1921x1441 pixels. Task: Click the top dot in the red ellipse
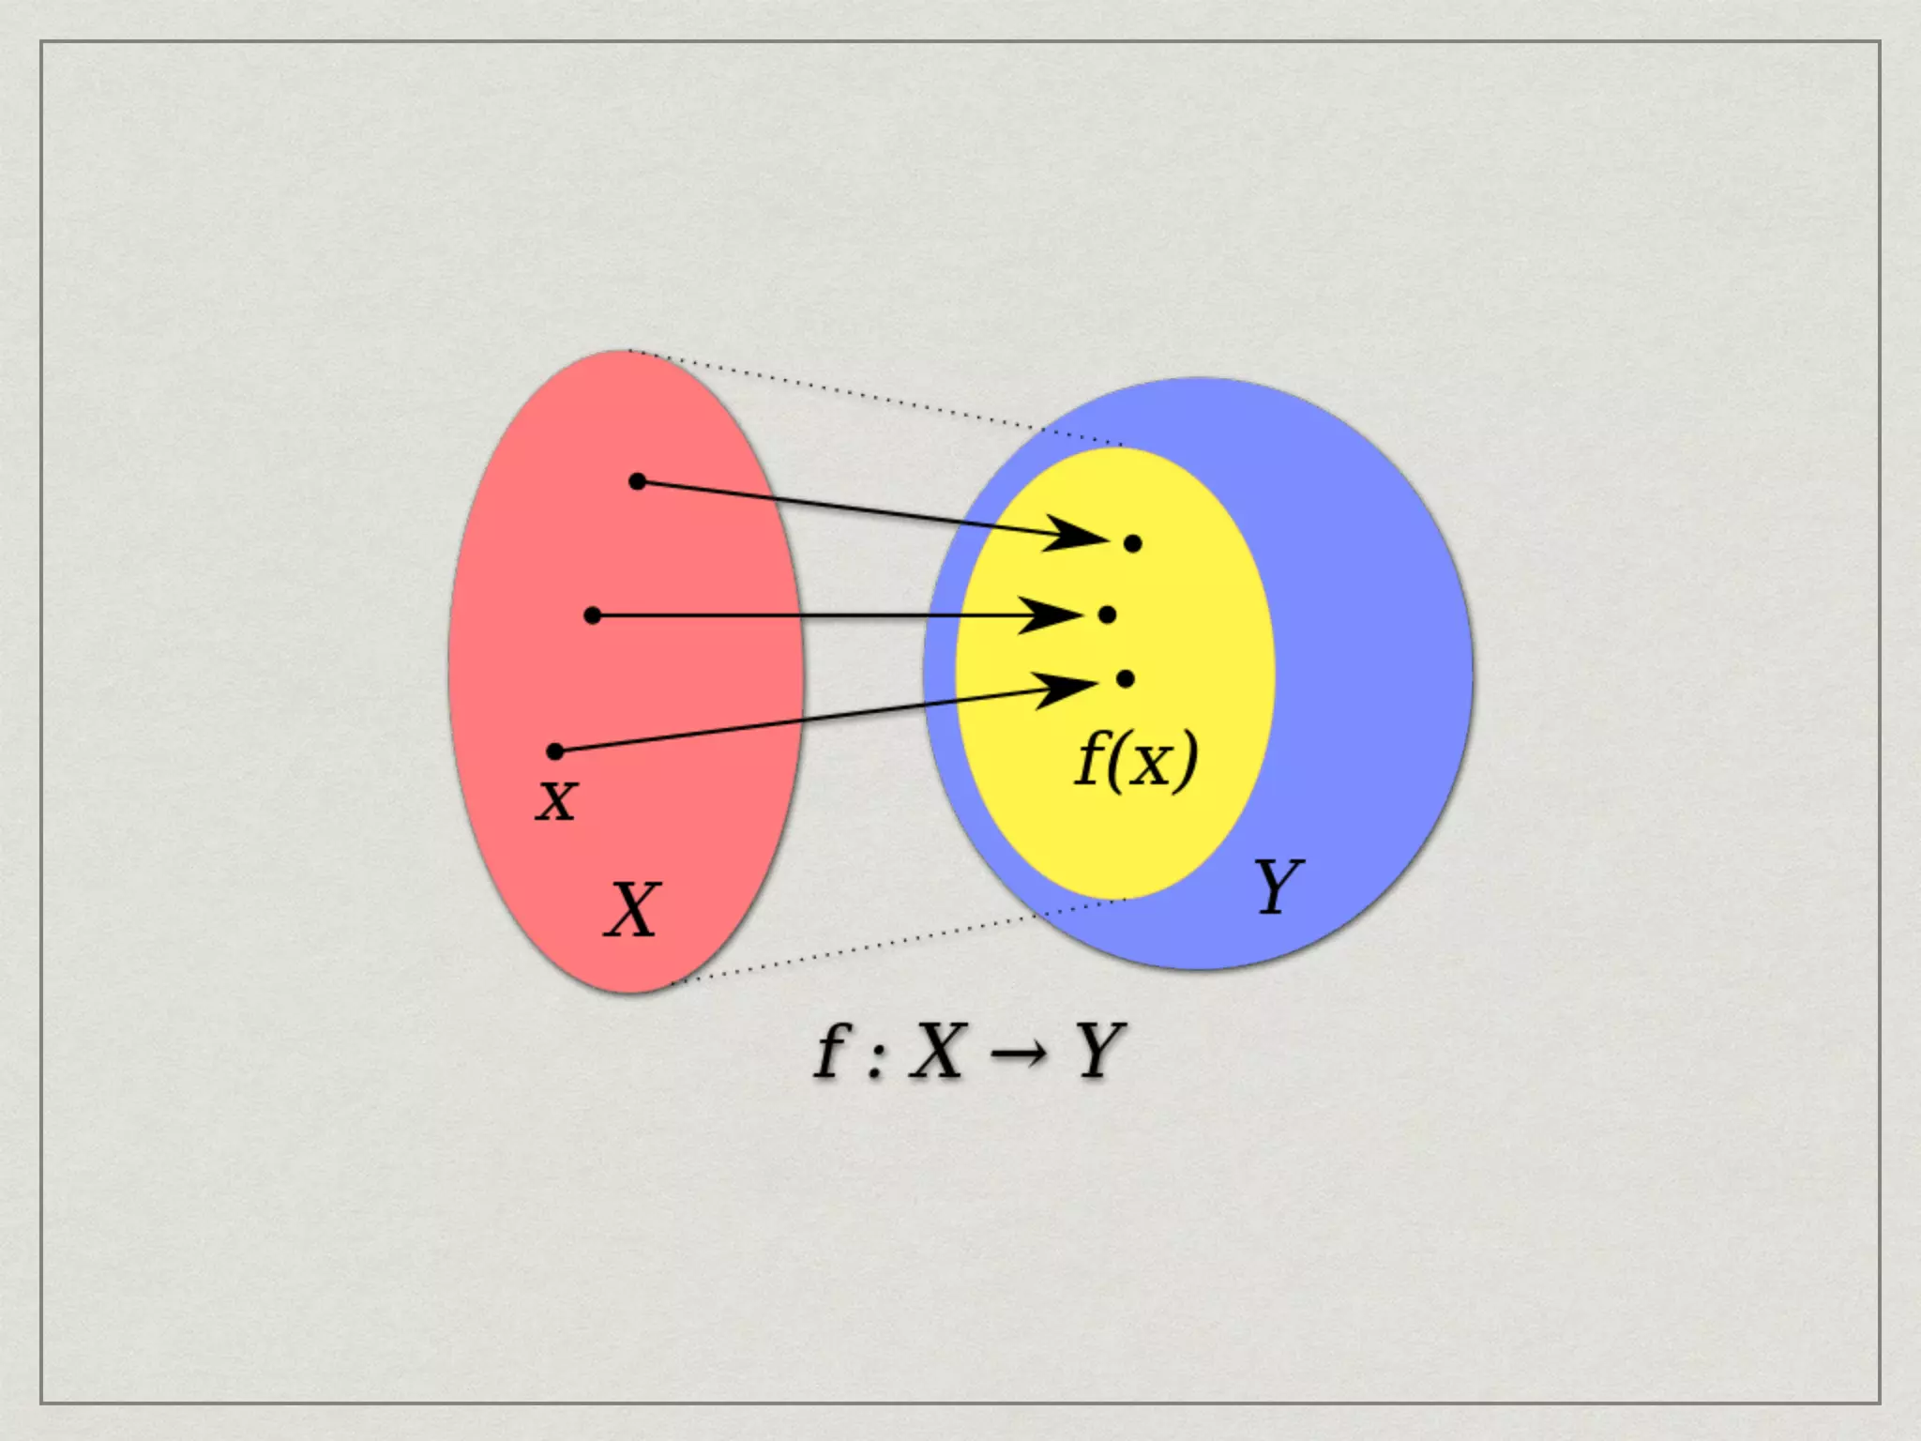638,481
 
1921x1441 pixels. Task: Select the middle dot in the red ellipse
592,615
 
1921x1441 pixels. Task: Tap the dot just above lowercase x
554,751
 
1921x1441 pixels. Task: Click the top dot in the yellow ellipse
1133,543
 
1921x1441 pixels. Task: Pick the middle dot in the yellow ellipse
1107,615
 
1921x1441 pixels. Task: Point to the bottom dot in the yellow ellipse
1126,678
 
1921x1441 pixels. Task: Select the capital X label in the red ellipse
632,910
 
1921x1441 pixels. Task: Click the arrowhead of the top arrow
1079,534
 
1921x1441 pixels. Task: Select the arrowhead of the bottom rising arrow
1069,689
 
